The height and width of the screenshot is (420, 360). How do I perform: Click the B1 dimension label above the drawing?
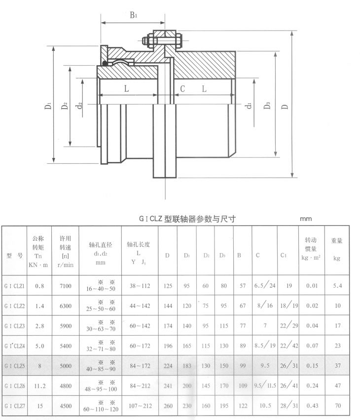point(133,15)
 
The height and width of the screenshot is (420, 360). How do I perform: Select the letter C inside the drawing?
point(182,89)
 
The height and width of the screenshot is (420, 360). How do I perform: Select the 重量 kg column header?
point(337,249)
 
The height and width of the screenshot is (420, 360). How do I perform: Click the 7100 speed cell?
point(66,286)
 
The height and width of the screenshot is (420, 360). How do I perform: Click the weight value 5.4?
point(337,286)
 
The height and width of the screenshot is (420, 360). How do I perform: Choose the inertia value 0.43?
point(311,406)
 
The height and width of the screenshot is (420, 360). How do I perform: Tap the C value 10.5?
point(263,406)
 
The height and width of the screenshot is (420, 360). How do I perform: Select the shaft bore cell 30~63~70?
point(99,326)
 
